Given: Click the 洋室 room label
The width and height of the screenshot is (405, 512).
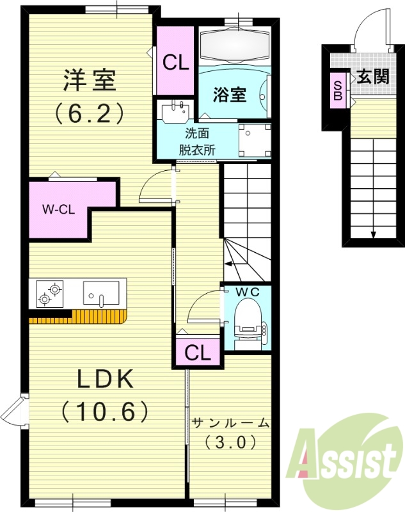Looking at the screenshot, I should point(89,81).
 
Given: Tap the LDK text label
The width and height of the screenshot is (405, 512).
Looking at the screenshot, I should point(105,380).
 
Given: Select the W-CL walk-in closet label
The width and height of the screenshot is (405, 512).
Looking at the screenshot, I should point(57,209).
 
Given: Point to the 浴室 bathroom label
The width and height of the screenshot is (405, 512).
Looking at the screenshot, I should point(230,95).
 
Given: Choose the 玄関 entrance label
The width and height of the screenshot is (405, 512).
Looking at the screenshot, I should point(372,77).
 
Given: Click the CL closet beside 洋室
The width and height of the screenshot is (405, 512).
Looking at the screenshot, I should point(175,62).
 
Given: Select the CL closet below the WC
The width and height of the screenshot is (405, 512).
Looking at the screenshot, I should point(197,353).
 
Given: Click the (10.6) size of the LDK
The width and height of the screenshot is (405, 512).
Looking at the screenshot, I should point(105,410).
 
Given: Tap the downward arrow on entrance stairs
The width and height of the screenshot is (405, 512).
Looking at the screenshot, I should point(373,233).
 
